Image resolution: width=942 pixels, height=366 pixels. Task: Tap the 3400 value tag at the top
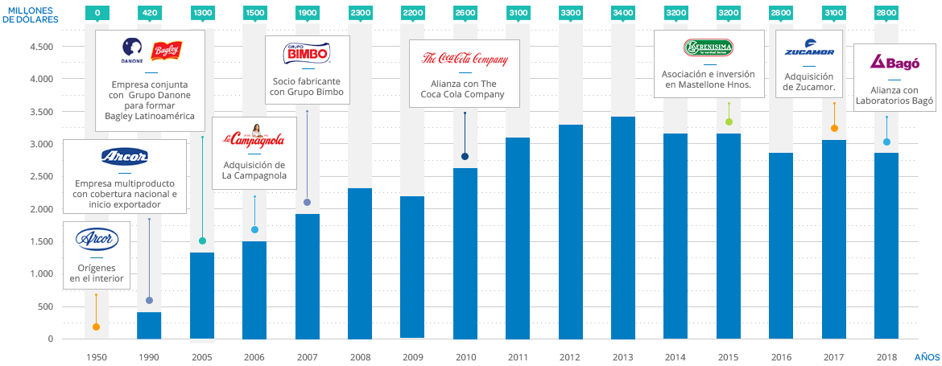click(622, 13)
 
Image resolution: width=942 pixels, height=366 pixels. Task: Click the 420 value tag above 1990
click(149, 13)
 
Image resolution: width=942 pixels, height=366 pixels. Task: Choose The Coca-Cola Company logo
click(465, 59)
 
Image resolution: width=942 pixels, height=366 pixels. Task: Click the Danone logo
click(132, 49)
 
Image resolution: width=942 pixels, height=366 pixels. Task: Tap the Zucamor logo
click(808, 51)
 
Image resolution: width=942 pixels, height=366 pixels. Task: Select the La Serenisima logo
click(709, 47)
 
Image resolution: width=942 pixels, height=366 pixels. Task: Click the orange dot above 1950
click(97, 327)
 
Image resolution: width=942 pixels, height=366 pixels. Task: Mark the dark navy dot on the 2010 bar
click(465, 157)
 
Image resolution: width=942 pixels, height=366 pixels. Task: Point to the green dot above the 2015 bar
click(729, 122)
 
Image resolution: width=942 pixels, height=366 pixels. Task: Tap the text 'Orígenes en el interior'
click(97, 273)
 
